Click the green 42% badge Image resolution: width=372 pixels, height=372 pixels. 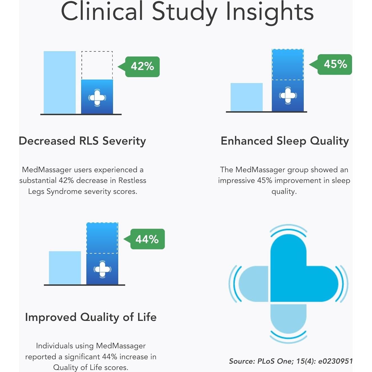tap(142, 66)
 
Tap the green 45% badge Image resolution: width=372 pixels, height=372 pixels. tap(335, 64)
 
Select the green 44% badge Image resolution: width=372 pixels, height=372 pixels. tap(147, 239)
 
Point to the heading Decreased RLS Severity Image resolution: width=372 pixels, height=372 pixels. tap(82, 141)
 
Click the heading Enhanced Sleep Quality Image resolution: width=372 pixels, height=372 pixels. tap(284, 141)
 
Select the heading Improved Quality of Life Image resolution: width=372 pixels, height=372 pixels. tap(91, 317)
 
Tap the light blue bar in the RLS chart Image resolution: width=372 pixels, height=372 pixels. tap(59, 82)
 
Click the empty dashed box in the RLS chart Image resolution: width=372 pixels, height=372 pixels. tap(97, 65)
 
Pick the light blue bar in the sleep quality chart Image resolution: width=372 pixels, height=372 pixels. tap(247, 97)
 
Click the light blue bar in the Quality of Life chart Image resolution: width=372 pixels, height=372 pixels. tap(65, 268)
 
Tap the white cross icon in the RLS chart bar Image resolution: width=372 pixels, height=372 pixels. tap(97, 97)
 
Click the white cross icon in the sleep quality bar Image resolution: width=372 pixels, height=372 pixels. tap(288, 95)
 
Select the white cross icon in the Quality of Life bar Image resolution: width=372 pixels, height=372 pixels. tap(102, 269)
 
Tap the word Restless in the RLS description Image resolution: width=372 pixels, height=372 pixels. tap(132, 180)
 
